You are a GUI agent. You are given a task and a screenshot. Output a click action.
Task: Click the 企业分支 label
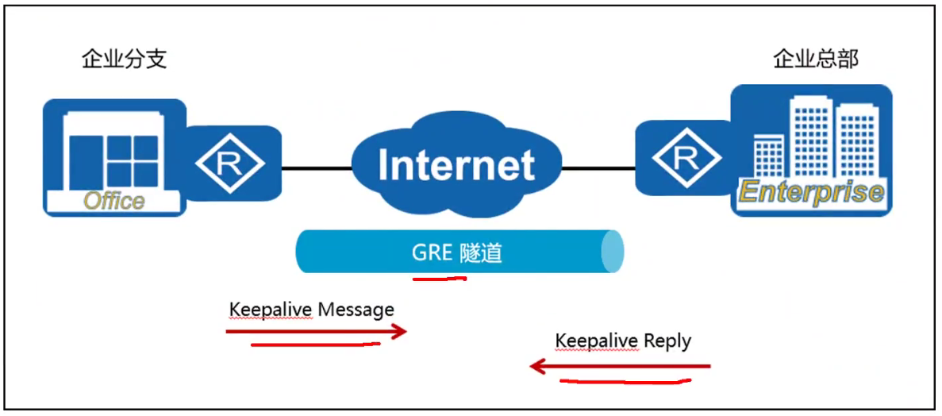[124, 60]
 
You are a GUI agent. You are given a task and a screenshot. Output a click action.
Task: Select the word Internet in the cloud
[456, 166]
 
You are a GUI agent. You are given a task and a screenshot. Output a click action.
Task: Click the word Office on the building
[114, 201]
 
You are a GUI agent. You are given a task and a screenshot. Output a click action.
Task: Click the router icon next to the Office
[230, 163]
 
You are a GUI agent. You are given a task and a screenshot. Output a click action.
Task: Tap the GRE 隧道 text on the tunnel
[456, 252]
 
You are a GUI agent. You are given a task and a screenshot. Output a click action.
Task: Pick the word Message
[356, 309]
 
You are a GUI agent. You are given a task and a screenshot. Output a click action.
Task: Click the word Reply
[667, 341]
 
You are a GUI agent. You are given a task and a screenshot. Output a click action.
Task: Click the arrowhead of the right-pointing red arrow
[402, 331]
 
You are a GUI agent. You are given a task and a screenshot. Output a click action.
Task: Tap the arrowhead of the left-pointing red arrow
[536, 366]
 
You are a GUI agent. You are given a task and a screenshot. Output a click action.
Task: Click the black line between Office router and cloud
[317, 168]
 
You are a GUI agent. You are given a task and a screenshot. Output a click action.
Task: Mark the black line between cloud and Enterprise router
[598, 168]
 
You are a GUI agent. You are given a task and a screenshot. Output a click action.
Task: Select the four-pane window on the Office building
[133, 161]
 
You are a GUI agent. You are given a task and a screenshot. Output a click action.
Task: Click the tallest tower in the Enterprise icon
[809, 135]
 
